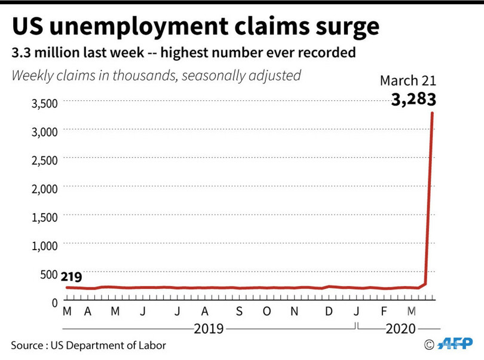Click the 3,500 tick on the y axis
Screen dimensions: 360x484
click(44, 103)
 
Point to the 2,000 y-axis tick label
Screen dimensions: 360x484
click(44, 188)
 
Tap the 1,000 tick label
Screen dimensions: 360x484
click(44, 245)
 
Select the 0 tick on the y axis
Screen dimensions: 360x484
click(53, 301)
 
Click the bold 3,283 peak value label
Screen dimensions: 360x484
click(413, 99)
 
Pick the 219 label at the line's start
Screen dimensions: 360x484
click(71, 276)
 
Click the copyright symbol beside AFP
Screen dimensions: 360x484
click(429, 344)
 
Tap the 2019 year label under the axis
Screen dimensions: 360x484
click(209, 328)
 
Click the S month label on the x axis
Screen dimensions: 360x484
click(239, 311)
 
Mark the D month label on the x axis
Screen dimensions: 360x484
click(329, 311)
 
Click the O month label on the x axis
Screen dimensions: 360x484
click(267, 311)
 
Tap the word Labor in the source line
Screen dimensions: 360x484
click(152, 345)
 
